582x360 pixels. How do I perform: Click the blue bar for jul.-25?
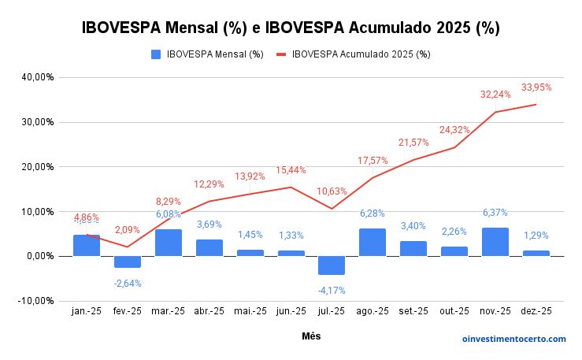(x=332, y=265)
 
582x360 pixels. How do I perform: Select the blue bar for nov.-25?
(x=495, y=242)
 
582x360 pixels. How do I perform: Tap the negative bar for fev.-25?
(x=128, y=262)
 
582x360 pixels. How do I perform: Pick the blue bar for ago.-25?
(x=373, y=242)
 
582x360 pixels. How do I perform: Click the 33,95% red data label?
(x=536, y=87)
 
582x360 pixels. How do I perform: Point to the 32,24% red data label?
(x=495, y=95)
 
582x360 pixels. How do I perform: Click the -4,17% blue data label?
(x=332, y=290)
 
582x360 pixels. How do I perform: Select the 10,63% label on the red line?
(x=332, y=191)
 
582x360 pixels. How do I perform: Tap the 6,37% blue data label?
(x=495, y=213)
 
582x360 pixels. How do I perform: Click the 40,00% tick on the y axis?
(x=37, y=77)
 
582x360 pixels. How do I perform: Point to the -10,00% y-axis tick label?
(x=36, y=301)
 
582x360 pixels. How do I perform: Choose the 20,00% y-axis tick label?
(x=37, y=167)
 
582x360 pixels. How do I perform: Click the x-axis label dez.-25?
(x=536, y=312)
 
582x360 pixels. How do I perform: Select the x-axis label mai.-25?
(x=250, y=312)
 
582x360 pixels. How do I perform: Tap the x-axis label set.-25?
(x=413, y=312)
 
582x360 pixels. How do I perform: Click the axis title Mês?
(x=311, y=336)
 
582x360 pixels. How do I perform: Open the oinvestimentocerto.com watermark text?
(x=513, y=339)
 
